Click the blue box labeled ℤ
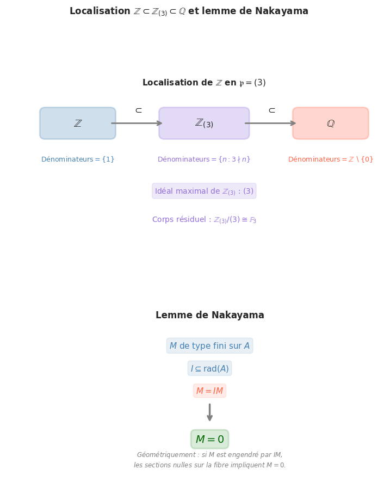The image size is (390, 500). (x=78, y=124)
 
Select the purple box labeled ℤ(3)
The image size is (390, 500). (x=204, y=124)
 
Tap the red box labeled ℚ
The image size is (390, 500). (x=330, y=124)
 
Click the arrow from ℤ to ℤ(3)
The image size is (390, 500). (x=137, y=124)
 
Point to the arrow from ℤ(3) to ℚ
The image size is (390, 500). (x=271, y=124)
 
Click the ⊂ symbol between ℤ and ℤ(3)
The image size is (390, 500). (x=139, y=110)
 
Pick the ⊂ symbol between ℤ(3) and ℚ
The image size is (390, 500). (x=272, y=110)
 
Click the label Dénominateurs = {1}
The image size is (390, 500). (x=78, y=159)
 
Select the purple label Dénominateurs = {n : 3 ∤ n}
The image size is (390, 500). (x=204, y=159)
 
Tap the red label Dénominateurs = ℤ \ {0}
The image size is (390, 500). (x=330, y=159)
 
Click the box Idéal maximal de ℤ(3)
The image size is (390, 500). (x=204, y=191)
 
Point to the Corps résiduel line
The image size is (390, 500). (x=204, y=220)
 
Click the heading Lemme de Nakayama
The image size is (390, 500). (x=209, y=316)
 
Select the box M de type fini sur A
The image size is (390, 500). (x=209, y=346)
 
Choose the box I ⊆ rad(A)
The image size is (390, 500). (x=209, y=368)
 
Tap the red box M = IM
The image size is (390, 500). (x=209, y=391)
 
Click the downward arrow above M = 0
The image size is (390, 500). (x=209, y=412)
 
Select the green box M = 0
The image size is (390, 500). (x=209, y=439)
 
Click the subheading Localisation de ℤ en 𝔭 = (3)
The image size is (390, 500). (x=204, y=83)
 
